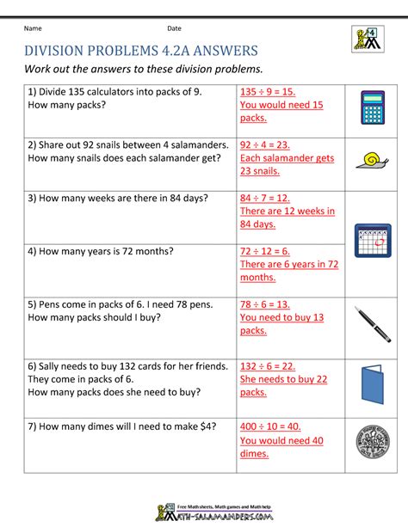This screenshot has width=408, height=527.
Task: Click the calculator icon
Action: coord(372,108)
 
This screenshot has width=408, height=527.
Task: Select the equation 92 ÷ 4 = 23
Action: coord(265,145)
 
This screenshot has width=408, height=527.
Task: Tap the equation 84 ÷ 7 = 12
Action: coord(265,198)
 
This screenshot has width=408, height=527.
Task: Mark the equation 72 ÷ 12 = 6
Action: coord(265,251)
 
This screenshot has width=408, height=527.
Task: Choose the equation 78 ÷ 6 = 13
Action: coord(265,304)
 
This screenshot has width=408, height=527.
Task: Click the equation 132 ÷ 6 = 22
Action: coord(268,365)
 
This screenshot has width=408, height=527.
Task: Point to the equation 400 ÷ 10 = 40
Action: coord(270,427)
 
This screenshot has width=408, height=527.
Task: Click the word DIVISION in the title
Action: coord(58,49)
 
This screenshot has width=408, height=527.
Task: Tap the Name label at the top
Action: coord(33,28)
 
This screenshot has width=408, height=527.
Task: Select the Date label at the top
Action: coord(175,28)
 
